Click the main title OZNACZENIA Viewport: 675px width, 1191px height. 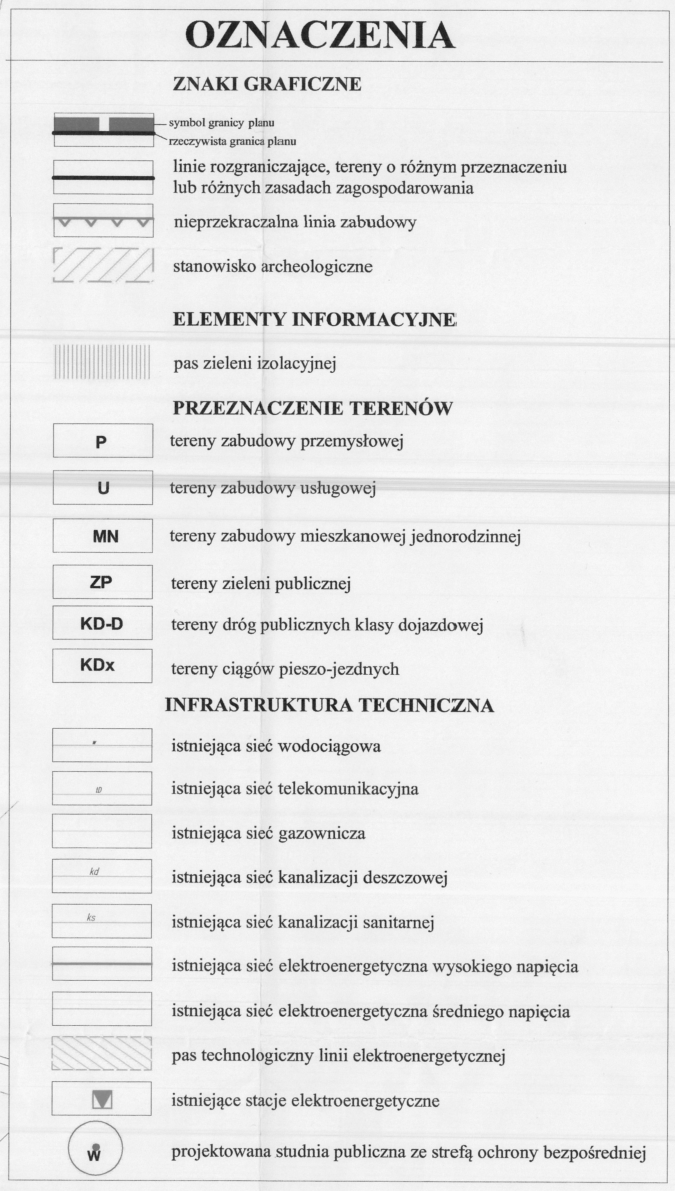tap(320, 36)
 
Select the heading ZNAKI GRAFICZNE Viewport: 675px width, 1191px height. tap(267, 84)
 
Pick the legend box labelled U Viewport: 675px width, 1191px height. tap(103, 488)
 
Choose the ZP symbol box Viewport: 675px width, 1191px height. tap(102, 582)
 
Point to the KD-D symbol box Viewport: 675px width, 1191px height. tap(102, 623)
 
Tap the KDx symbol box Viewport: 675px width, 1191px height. tap(102, 666)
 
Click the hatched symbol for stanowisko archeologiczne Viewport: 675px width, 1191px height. tap(103, 266)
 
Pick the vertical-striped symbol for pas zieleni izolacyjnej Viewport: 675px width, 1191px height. tap(102, 362)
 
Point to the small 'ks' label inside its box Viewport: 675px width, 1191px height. tap(91, 917)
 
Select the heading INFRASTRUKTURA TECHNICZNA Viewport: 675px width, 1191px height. tap(329, 705)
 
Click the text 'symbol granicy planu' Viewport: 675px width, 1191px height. tap(222, 123)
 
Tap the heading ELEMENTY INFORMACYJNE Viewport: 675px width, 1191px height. tap(314, 320)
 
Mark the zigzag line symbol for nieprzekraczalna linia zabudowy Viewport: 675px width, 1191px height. tap(103, 221)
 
